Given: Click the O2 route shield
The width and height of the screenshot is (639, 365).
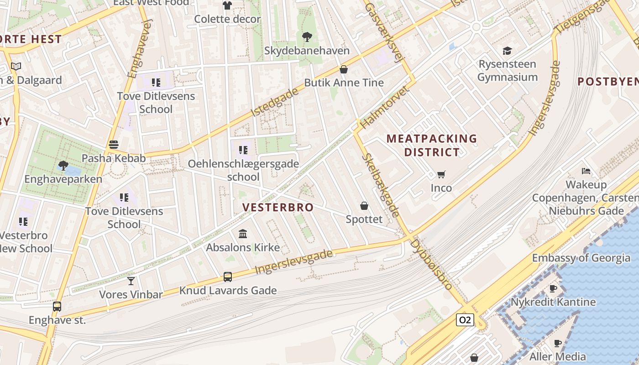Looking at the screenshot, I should click(465, 320).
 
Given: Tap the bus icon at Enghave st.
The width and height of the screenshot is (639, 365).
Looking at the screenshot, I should click(57, 306).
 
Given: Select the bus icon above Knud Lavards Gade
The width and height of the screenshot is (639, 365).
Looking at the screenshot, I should click(227, 276).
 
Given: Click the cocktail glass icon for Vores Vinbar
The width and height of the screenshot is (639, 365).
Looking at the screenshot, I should click(131, 281).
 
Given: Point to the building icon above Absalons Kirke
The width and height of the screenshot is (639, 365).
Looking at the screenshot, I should click(243, 234).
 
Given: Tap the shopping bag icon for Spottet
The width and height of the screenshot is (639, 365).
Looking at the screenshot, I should click(364, 206).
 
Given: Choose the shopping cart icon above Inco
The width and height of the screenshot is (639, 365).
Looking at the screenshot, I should click(441, 174).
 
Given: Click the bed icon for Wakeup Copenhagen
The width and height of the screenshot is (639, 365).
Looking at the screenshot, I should click(586, 171).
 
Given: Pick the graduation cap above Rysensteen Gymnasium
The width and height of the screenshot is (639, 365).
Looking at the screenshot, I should click(507, 50).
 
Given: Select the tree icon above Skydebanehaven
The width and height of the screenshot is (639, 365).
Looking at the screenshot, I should click(307, 36).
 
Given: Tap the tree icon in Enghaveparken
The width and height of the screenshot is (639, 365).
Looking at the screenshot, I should click(63, 165).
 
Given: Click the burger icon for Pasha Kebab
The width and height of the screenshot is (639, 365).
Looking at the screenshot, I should click(114, 145).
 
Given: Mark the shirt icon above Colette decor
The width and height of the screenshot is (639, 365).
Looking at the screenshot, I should click(227, 5).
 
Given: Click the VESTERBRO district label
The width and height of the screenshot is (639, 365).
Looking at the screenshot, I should click(278, 207).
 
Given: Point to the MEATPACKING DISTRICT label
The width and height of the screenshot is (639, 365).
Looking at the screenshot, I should click(432, 145).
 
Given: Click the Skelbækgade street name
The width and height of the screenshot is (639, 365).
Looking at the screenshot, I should click(381, 185).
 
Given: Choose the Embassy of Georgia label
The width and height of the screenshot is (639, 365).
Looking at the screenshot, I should click(581, 258).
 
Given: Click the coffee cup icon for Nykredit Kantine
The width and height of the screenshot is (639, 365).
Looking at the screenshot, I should click(553, 288).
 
